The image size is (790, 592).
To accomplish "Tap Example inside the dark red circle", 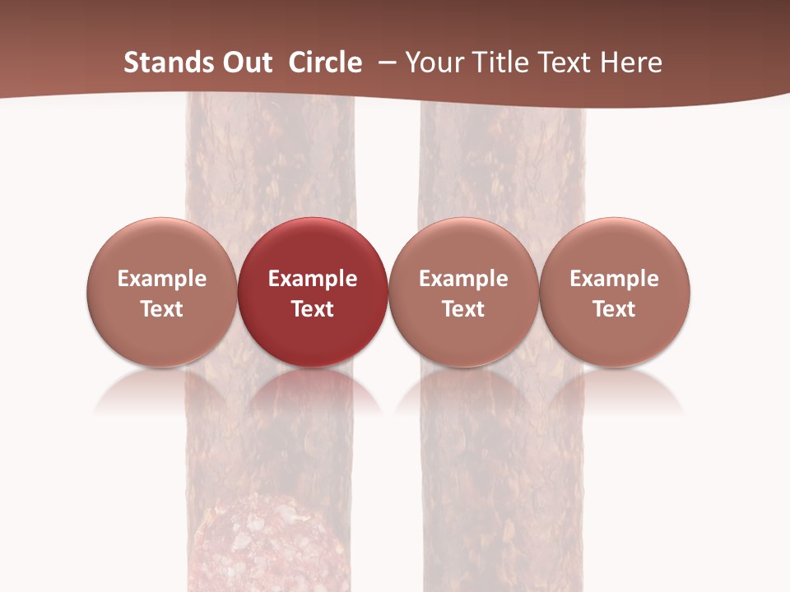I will [x=313, y=279].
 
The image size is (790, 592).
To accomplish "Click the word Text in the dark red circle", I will [x=313, y=309].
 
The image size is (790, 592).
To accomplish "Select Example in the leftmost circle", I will [x=162, y=279].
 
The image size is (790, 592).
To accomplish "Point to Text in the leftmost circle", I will [x=162, y=309].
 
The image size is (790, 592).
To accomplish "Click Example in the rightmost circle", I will [x=615, y=279].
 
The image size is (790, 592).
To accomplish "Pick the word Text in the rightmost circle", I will [x=615, y=309].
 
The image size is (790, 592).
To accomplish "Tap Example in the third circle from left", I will [x=463, y=279].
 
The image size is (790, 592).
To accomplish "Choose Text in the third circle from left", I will [x=463, y=309].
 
